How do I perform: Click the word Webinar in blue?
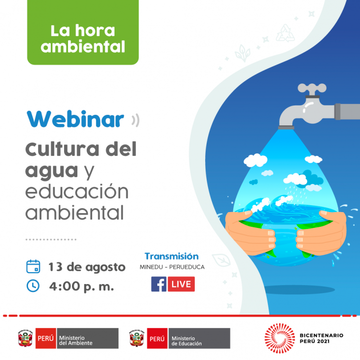75,119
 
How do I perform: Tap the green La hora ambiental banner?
83,33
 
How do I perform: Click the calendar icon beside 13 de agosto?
33,267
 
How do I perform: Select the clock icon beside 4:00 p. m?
33,286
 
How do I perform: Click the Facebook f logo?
159,284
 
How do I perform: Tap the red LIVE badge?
181,284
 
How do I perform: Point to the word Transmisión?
172,256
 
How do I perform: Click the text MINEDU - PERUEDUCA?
172,267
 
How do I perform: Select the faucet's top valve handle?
312,88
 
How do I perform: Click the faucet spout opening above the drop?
286,128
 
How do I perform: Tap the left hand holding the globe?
250,232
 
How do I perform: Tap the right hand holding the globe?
322,232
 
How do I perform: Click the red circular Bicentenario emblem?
280,338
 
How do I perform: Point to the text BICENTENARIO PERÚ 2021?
322,338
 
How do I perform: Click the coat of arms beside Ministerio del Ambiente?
25,338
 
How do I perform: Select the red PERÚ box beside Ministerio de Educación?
157,338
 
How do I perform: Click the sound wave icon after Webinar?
136,120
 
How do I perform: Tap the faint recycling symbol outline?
286,34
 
